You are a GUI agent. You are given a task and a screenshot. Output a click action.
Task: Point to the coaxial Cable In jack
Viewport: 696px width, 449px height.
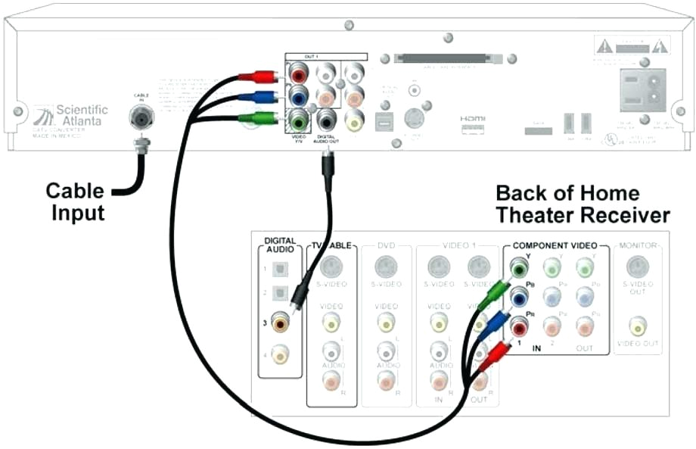click(141, 117)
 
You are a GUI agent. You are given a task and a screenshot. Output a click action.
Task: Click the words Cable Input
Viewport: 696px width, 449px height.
click(76, 201)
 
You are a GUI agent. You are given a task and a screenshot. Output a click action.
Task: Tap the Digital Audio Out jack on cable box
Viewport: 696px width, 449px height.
click(327, 120)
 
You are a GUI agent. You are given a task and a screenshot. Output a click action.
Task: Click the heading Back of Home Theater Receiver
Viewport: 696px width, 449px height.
click(582, 204)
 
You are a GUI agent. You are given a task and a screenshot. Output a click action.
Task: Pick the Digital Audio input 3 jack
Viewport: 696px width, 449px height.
click(281, 323)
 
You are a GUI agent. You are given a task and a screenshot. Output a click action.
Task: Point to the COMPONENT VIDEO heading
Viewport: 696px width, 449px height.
click(555, 246)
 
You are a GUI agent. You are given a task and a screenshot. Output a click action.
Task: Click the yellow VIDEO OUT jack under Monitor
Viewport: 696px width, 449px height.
click(639, 326)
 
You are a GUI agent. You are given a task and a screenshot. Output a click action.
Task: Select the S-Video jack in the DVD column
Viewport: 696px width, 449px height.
click(386, 267)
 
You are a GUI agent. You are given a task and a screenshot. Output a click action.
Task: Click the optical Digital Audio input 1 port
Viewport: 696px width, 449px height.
click(281, 269)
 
